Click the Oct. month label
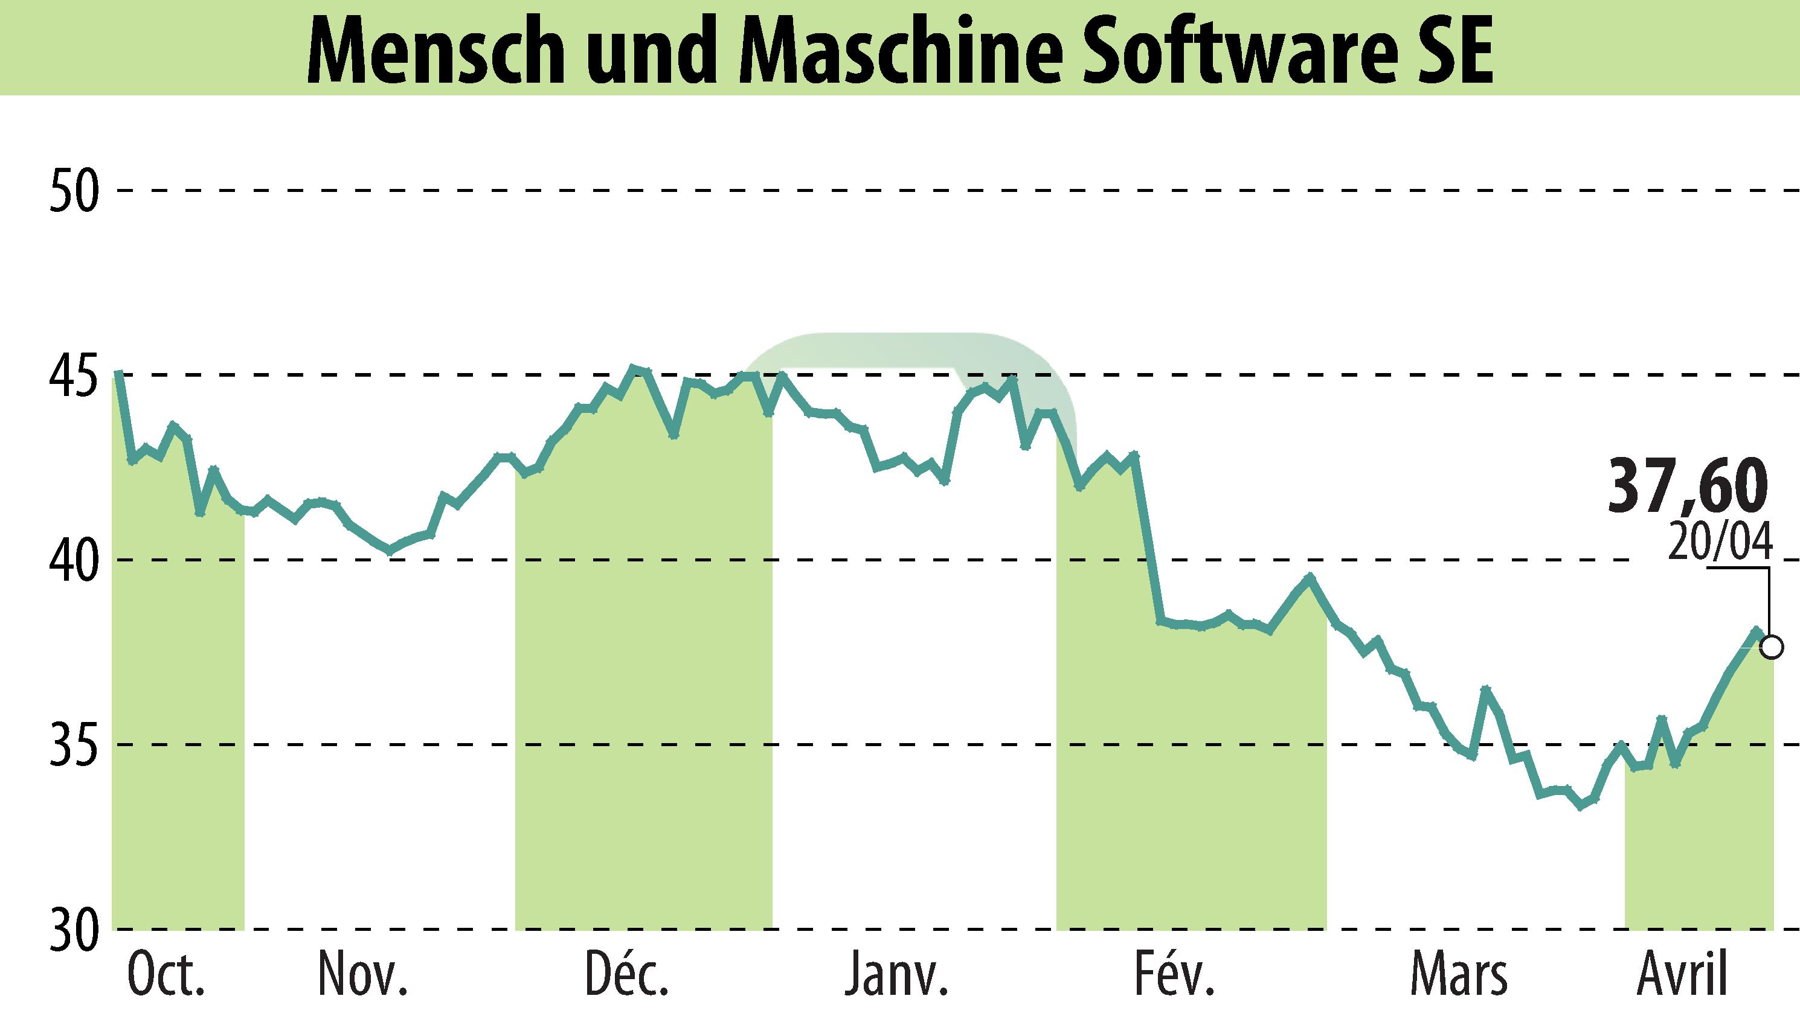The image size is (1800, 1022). coord(167,976)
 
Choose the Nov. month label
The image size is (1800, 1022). coord(363,976)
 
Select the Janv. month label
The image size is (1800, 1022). coord(897,976)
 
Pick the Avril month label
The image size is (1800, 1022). coord(1680,976)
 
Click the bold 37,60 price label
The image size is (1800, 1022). coord(1686,486)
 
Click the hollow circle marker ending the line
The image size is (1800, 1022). coord(1773,647)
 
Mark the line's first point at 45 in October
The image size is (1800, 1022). coord(118,374)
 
